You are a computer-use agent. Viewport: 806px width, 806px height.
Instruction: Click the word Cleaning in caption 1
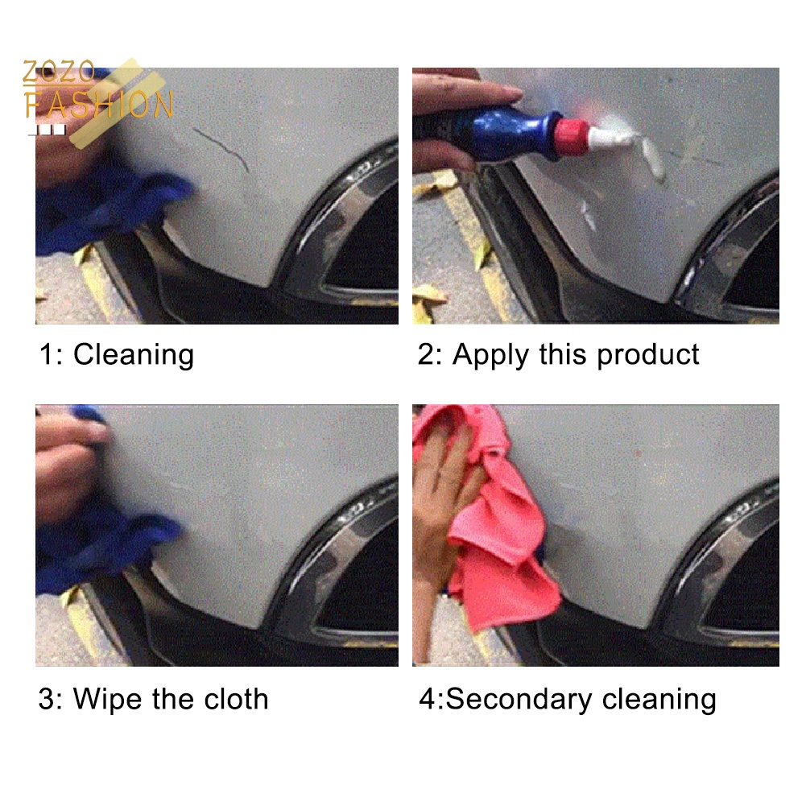pos(134,355)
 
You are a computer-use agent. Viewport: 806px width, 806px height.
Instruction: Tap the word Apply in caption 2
pos(490,355)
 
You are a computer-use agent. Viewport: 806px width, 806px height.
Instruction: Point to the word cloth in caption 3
pos(236,699)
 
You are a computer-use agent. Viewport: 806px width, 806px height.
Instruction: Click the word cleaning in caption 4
pos(659,700)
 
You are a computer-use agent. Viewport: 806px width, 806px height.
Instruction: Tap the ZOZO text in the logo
pos(59,72)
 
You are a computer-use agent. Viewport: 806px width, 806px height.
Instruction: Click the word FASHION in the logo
pos(99,105)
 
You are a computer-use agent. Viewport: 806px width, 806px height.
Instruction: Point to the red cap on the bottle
pos(571,136)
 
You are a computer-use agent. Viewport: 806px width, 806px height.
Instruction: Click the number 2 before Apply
pos(426,355)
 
